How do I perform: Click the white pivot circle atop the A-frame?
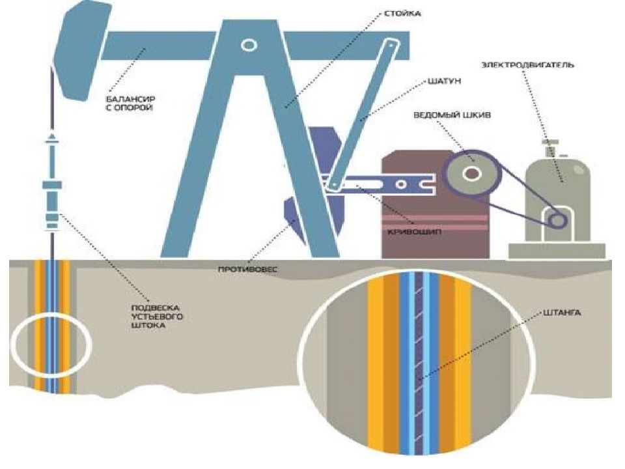(248, 45)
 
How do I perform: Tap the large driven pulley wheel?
(470, 173)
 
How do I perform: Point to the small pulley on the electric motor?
(557, 220)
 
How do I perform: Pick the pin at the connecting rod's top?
(391, 46)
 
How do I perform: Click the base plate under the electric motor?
(557, 250)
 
